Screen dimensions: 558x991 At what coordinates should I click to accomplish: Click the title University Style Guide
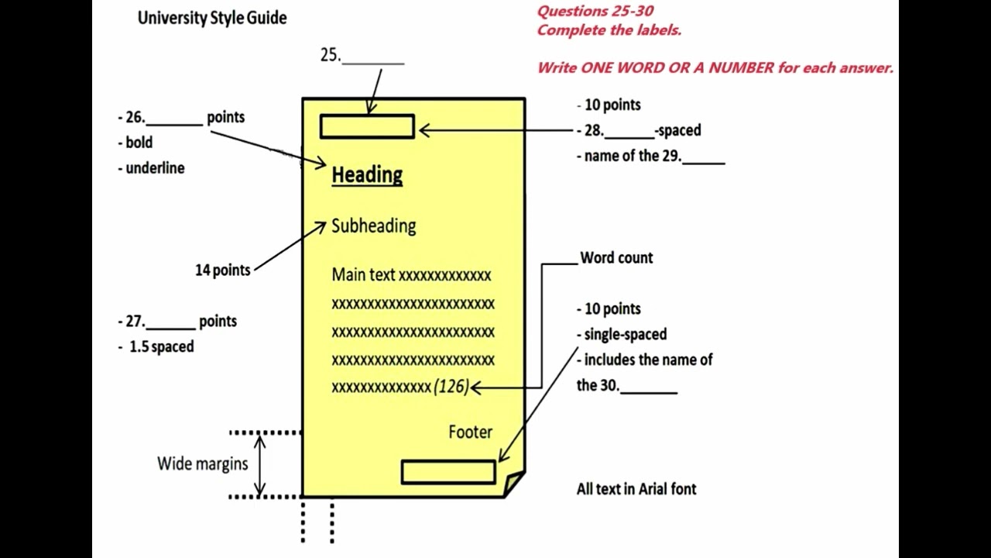[212, 18]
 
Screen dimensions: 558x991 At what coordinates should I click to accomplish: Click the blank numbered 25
[372, 56]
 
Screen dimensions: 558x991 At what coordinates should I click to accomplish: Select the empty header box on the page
[367, 126]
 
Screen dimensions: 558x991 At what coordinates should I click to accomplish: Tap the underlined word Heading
[367, 175]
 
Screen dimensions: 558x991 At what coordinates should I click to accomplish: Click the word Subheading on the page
[373, 226]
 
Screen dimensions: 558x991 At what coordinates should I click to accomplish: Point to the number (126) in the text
[451, 386]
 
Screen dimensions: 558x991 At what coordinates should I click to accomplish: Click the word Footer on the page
[470, 432]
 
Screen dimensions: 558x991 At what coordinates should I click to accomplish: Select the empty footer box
[448, 472]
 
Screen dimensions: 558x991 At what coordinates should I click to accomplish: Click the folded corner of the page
[514, 484]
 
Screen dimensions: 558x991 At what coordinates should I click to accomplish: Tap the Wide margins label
[202, 463]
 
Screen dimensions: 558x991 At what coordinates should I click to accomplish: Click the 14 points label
[223, 270]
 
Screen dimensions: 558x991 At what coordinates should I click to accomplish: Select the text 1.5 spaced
[161, 346]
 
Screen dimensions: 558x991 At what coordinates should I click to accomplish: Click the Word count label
[616, 257]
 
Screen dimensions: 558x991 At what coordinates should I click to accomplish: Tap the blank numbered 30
[649, 387]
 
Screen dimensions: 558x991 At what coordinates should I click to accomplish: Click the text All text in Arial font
[636, 489]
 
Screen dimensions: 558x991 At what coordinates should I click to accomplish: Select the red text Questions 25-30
[595, 11]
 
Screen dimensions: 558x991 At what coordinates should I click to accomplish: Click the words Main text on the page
[363, 274]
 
